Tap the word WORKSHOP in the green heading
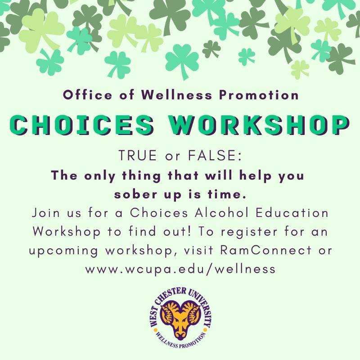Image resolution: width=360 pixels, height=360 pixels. (x=258, y=126)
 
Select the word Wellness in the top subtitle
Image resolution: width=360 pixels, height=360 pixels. (x=176, y=95)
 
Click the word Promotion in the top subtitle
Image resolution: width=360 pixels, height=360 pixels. (x=259, y=95)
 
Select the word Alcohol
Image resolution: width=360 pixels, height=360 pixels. (x=221, y=212)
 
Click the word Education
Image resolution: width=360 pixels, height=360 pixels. (x=292, y=212)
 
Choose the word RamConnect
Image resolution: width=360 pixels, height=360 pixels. (x=266, y=250)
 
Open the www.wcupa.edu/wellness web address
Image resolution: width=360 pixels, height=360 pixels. (x=180, y=269)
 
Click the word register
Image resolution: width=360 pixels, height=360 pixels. (x=249, y=232)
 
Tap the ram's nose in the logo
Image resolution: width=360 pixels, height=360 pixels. (x=180, y=333)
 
